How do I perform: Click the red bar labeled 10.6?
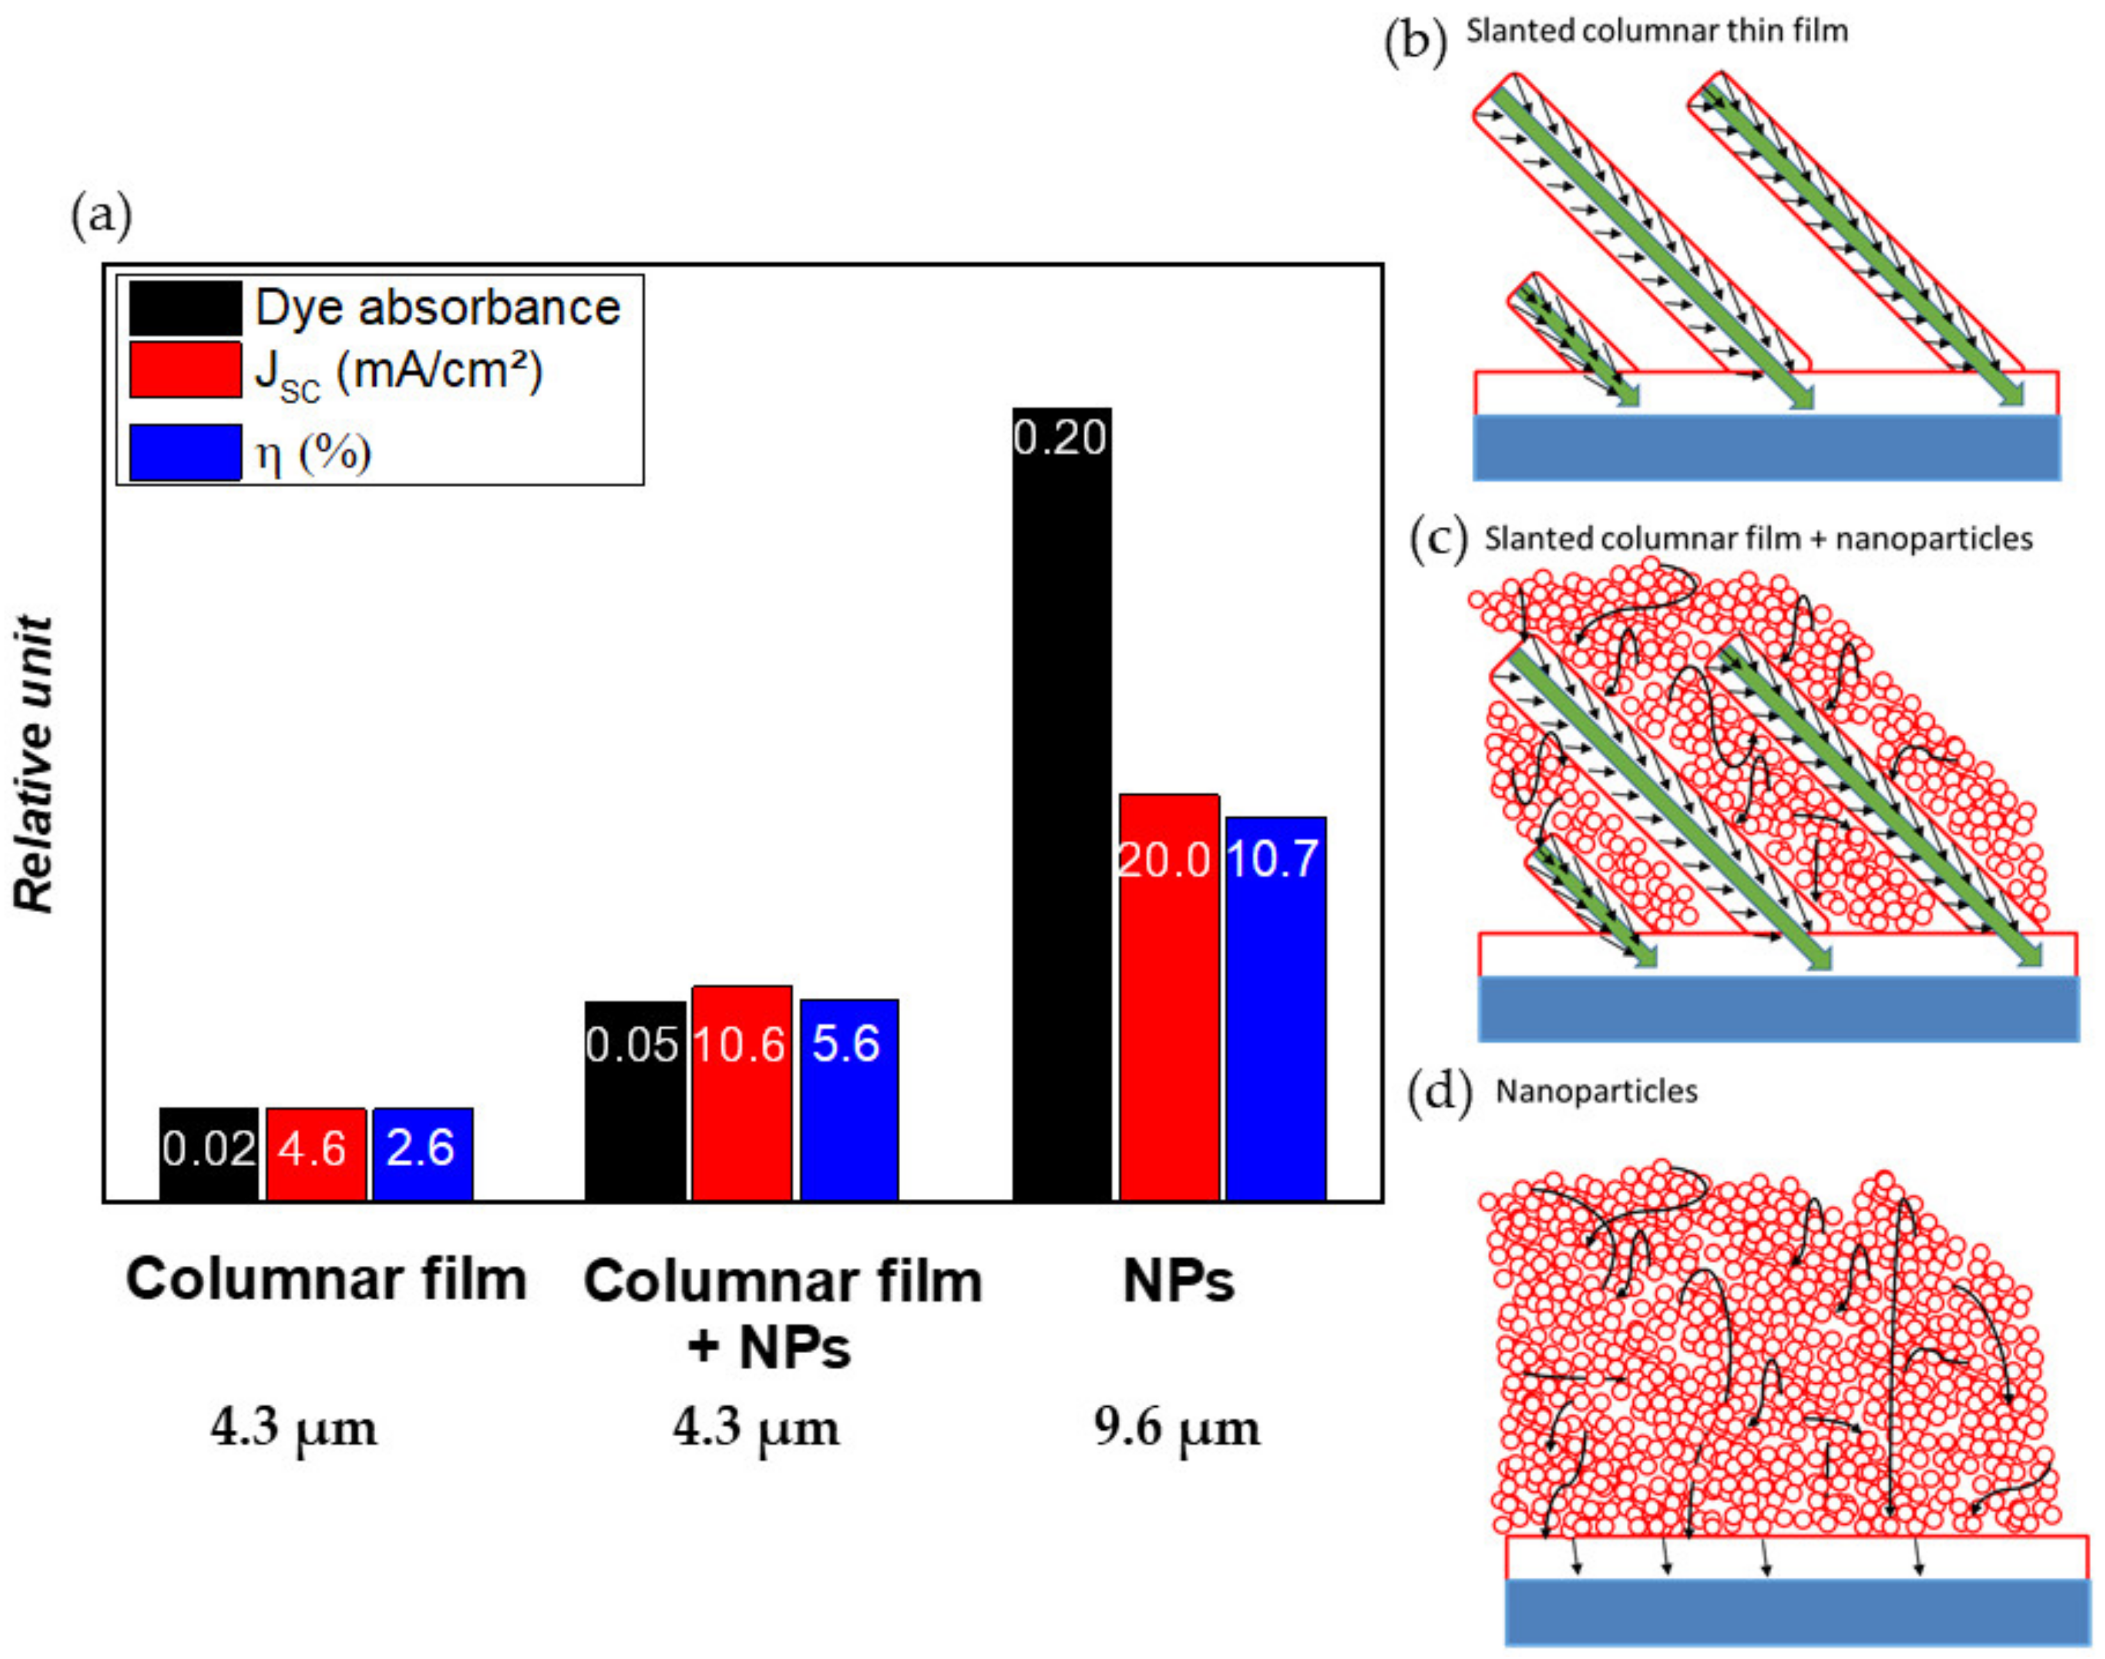coord(741,1093)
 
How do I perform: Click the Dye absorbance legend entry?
coord(437,308)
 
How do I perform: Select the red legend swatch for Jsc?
coord(184,369)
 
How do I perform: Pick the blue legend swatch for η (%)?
coord(184,453)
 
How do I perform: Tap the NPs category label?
coord(1177,1281)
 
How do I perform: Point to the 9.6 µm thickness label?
coord(1176,1428)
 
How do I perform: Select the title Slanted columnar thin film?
coord(1656,31)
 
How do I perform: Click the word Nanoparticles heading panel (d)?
coord(1596,1091)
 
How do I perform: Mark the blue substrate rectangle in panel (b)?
coord(1765,447)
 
